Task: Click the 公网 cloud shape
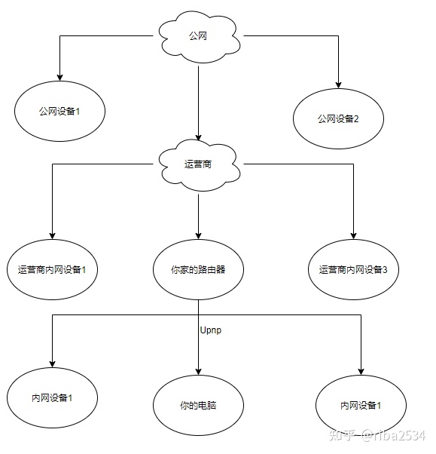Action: pos(200,36)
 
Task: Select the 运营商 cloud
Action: pos(200,165)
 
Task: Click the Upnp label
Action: pos(211,330)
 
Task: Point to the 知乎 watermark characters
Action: pos(343,435)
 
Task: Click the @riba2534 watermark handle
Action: pos(394,435)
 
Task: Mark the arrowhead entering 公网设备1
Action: pos(59,78)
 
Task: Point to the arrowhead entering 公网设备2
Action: pos(338,84)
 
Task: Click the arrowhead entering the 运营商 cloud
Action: pos(198,137)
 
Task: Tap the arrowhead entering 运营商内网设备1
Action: pos(52,236)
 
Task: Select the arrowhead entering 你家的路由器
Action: pos(198,236)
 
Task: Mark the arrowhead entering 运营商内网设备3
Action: pos(353,236)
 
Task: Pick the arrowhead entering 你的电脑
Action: pos(198,372)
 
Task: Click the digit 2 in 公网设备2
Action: pos(356,119)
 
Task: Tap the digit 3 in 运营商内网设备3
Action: pos(385,270)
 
